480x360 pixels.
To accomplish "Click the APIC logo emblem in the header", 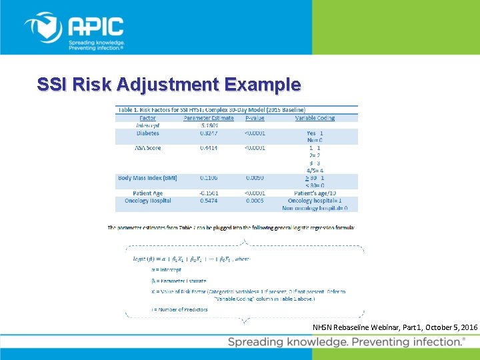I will pyautogui.click(x=43, y=28).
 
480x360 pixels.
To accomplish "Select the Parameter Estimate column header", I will pyautogui.click(x=209, y=118).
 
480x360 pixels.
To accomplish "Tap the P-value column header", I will pyautogui.click(x=255, y=118).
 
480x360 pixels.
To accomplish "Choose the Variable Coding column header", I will pyautogui.click(x=315, y=118).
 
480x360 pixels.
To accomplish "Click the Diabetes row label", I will pyautogui.click(x=147, y=133).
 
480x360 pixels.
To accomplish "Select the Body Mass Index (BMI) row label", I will pyautogui.click(x=147, y=178).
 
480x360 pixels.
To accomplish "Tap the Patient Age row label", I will pyautogui.click(x=147, y=193).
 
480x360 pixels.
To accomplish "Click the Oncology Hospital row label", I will pyautogui.click(x=147, y=201).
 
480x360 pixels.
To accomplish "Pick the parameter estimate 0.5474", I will pyautogui.click(x=209, y=201).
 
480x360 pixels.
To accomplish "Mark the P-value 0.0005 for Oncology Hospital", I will pyautogui.click(x=255, y=201).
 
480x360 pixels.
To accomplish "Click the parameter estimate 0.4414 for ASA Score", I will pyautogui.click(x=209, y=148).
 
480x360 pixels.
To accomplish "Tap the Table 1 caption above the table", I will pyautogui.click(x=211, y=109).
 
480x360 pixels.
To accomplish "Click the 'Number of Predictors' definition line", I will pyautogui.click(x=180, y=309).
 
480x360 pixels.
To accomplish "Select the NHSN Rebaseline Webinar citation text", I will pyautogui.click(x=395, y=328).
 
